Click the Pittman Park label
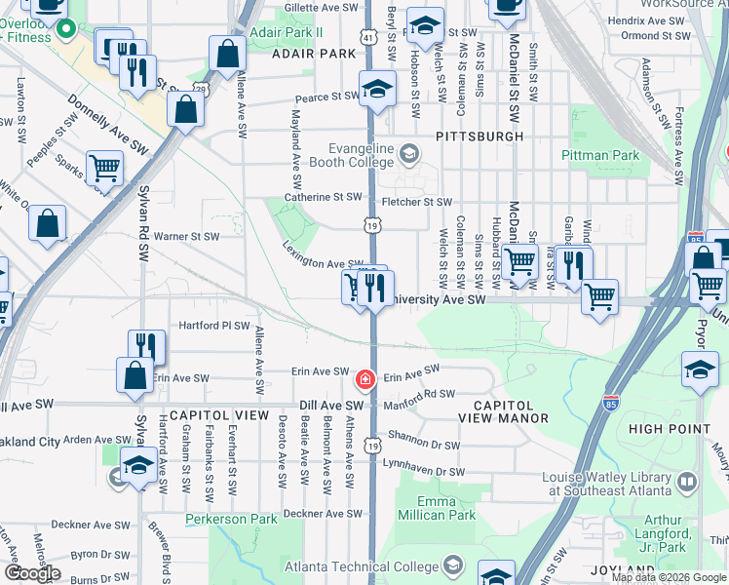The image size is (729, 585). pos(600,155)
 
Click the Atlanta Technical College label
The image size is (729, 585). pos(361,565)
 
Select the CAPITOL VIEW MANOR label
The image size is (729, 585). pos(504,410)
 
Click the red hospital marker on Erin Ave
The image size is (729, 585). pos(364,378)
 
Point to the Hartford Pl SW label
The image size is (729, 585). pos(213,326)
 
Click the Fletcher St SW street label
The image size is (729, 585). pos(417,202)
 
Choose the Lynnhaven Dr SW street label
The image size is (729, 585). pos(424,472)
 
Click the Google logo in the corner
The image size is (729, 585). pos(32,573)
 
